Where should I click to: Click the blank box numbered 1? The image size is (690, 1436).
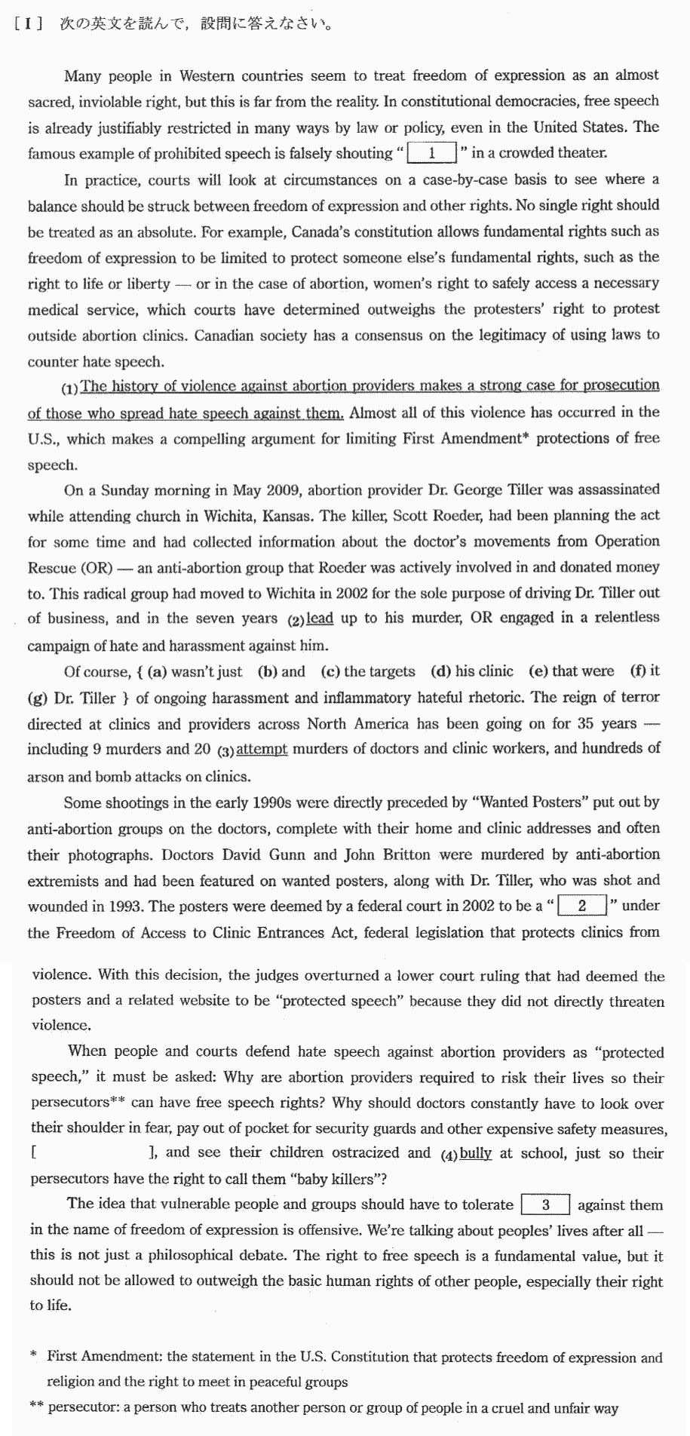pyautogui.click(x=431, y=153)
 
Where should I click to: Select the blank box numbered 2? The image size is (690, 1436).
pyautogui.click(x=581, y=905)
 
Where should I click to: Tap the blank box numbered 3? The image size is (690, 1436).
pyautogui.click(x=545, y=1204)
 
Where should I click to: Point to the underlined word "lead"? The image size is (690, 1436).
pyautogui.click(x=320, y=618)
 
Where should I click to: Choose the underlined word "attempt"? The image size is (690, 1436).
pyautogui.click(x=262, y=750)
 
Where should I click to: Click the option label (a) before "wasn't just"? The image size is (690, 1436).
pyautogui.click(x=157, y=671)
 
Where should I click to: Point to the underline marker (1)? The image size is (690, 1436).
pyautogui.click(x=70, y=389)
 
